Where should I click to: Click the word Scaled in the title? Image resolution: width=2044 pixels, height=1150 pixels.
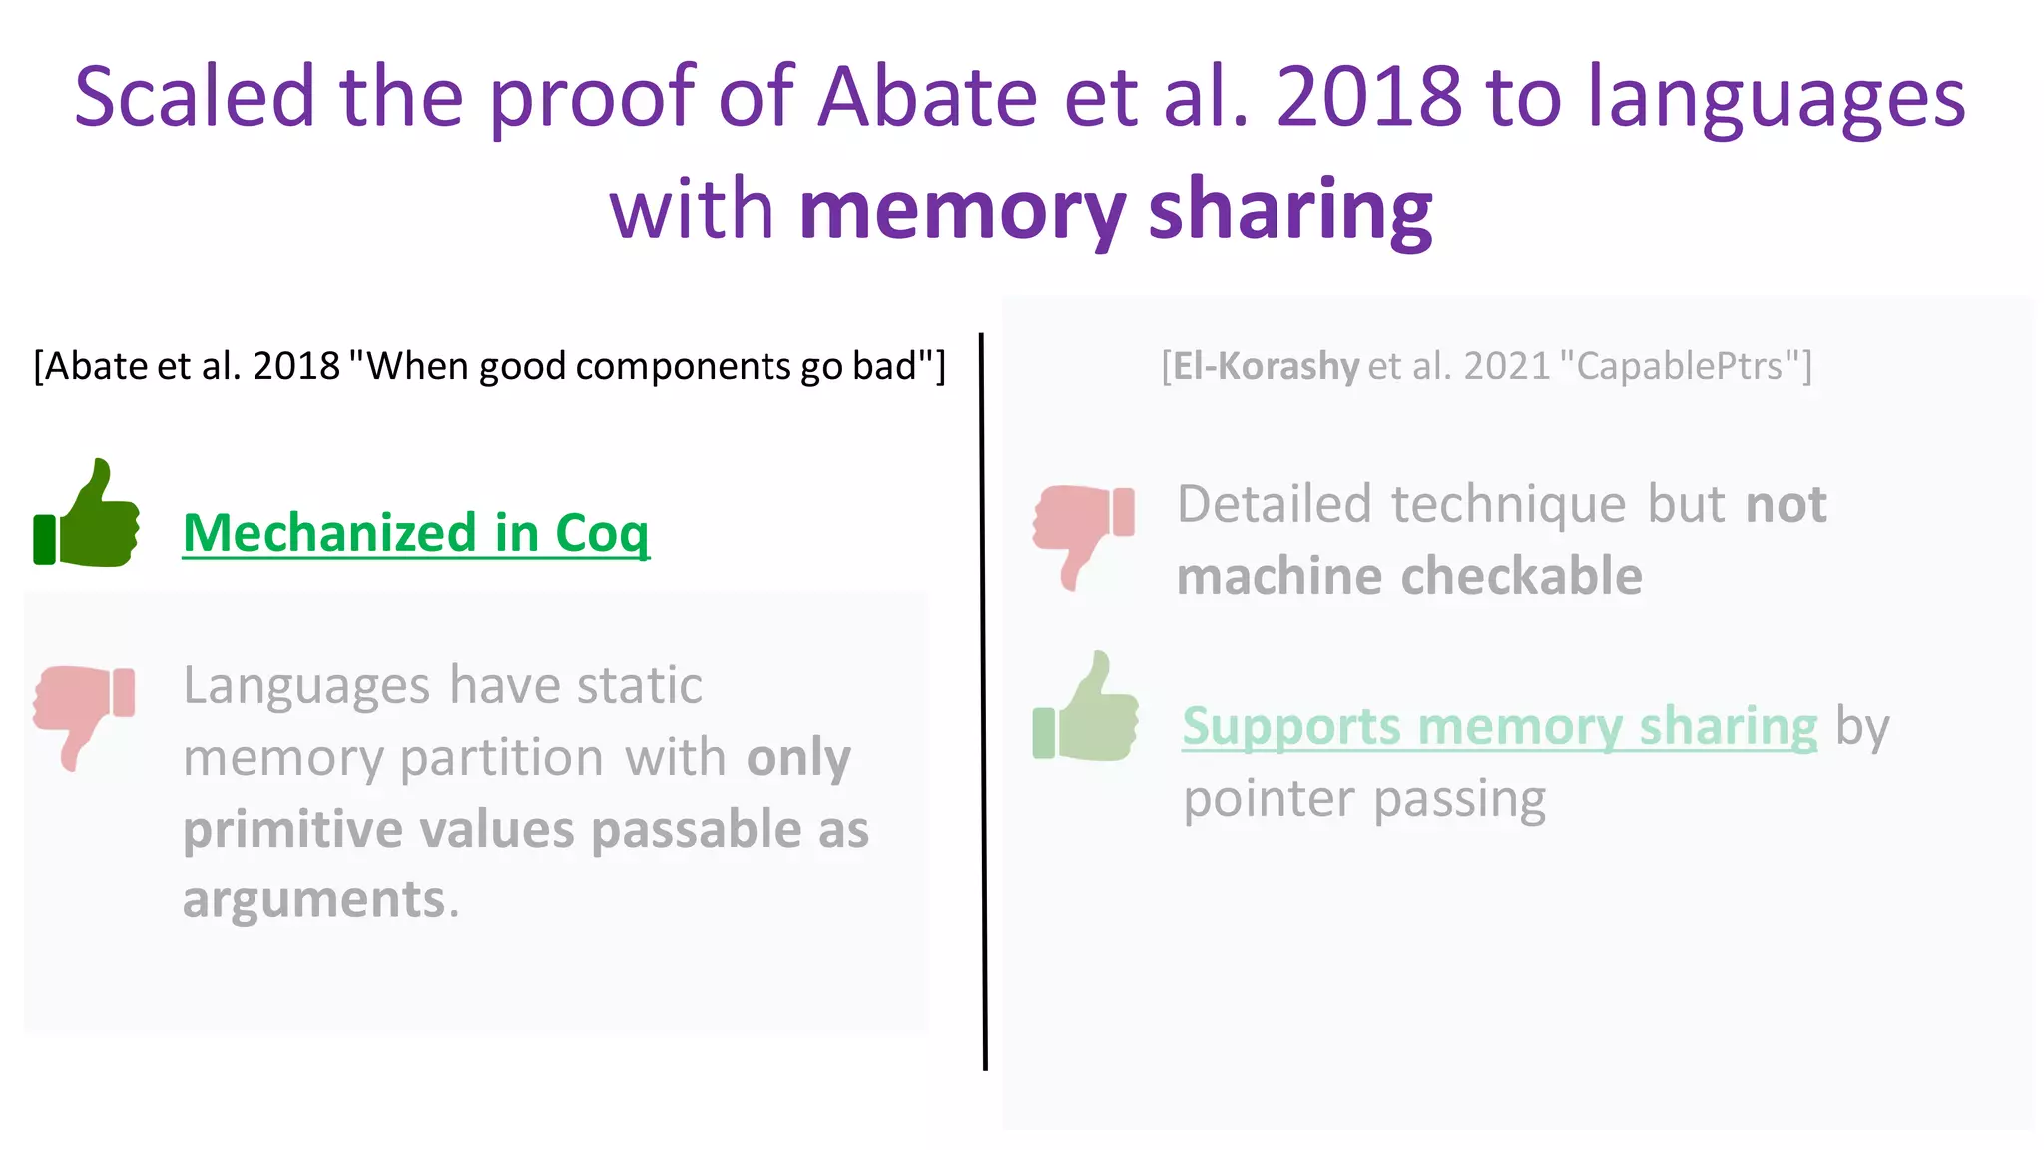click(x=195, y=97)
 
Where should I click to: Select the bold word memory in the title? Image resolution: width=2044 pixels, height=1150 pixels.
click(x=962, y=212)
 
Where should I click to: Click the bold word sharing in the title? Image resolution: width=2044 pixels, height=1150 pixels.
click(x=1290, y=212)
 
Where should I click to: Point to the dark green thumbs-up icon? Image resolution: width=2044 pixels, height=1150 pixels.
click(x=88, y=515)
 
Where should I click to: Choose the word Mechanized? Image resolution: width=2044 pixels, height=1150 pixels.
click(x=329, y=532)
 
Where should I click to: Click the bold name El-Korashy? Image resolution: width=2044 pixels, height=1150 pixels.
click(x=1266, y=367)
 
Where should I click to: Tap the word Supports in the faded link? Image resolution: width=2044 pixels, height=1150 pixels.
click(x=1290, y=727)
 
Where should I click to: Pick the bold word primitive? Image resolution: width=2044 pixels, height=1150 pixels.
click(x=292, y=830)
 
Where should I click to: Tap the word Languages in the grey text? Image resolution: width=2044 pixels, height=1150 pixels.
click(x=306, y=686)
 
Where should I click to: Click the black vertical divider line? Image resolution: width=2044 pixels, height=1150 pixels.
click(x=983, y=699)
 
